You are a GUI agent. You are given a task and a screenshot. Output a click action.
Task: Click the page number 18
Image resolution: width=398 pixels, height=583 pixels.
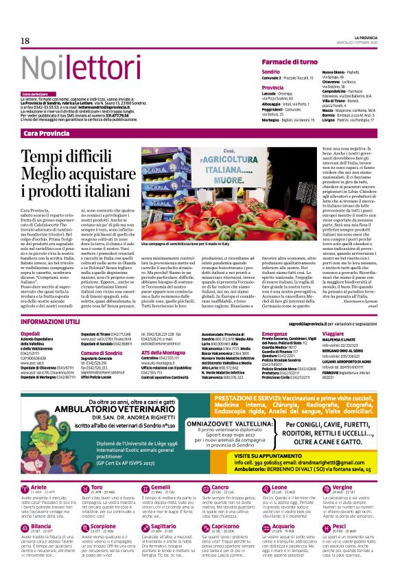click(25, 41)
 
